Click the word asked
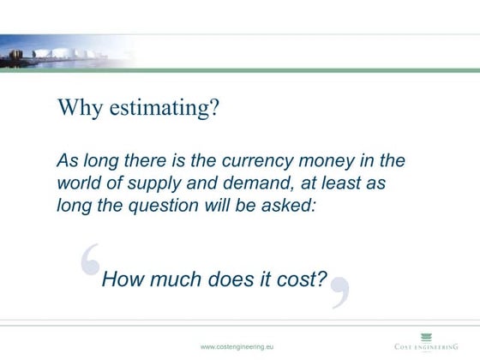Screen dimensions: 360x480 coord(294,205)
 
